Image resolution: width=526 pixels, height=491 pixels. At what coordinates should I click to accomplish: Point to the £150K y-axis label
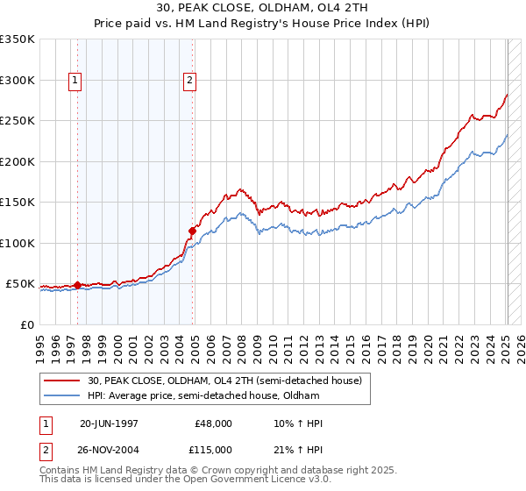point(18,203)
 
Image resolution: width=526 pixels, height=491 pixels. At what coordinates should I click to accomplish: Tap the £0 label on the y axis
point(27,325)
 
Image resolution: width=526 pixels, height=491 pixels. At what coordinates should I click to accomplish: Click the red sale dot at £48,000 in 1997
point(77,285)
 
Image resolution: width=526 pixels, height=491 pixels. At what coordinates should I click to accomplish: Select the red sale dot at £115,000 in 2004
point(192,231)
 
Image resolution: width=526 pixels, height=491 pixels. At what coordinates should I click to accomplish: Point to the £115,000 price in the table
point(214,449)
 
